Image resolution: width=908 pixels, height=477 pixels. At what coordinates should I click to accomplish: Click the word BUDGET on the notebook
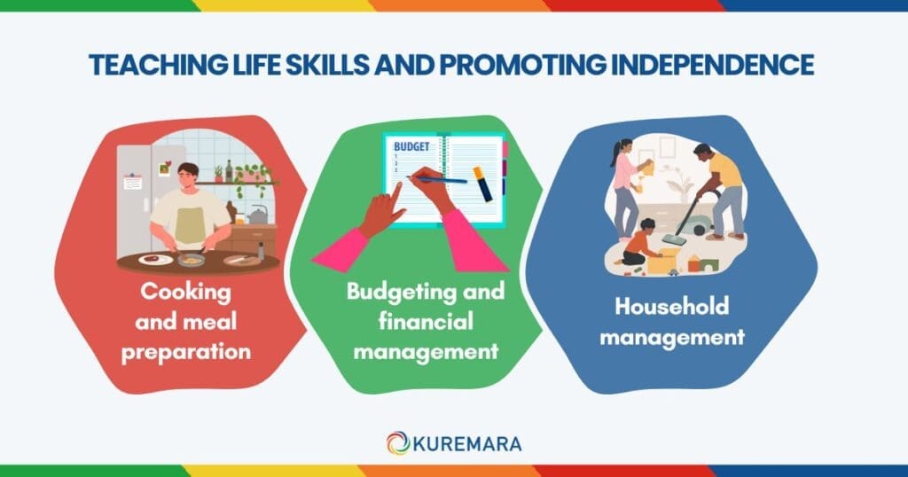coord(410,145)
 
